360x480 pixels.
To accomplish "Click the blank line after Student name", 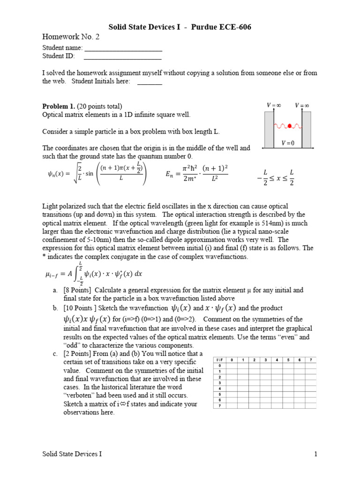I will pos(123,48).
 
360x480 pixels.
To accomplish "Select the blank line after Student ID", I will pos(122,56).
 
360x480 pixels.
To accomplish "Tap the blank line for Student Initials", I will pos(150,82).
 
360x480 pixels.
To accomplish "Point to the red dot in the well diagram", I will pos(290,126).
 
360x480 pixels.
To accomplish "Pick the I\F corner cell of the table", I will pos(219,360).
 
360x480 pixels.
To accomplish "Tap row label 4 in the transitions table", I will pos(219,388).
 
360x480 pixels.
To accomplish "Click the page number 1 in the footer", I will pos(316,454).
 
